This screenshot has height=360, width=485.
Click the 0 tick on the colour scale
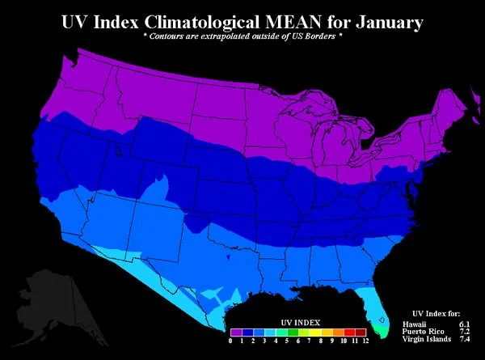click(231, 341)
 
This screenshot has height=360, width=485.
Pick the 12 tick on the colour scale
click(365, 341)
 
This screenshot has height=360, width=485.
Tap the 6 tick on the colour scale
click(298, 341)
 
